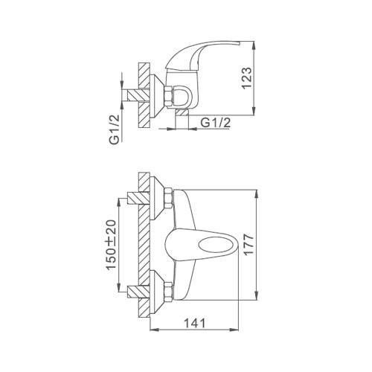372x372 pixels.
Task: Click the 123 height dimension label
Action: (x=247, y=77)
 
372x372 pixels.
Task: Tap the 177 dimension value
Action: (x=248, y=244)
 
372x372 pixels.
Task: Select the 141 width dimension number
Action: (x=195, y=324)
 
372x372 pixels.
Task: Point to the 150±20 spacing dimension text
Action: (x=111, y=244)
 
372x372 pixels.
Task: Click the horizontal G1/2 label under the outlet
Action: (x=215, y=123)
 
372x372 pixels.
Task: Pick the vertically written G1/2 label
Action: (x=115, y=129)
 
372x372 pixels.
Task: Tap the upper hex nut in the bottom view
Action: (x=169, y=199)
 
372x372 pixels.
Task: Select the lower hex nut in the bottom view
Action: (x=169, y=292)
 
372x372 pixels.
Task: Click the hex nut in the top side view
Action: (x=169, y=97)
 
